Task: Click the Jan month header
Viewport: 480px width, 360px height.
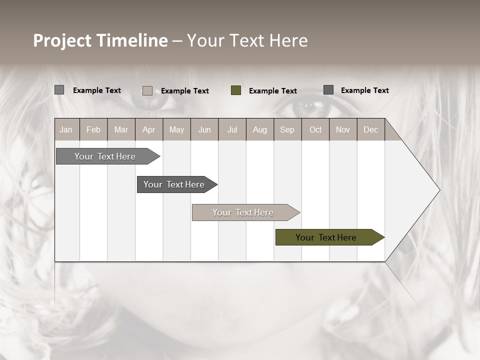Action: coord(66,129)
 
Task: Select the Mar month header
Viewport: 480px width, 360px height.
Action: coord(121,129)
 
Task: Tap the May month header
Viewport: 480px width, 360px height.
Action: coord(176,129)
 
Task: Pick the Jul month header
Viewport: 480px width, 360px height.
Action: coord(232,129)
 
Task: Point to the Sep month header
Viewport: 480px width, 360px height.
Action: coord(287,129)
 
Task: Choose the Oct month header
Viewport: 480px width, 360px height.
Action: coord(315,129)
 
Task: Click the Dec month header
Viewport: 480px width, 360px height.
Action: coord(370,129)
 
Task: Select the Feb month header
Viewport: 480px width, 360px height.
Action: coord(93,129)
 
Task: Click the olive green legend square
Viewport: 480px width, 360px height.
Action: coord(236,90)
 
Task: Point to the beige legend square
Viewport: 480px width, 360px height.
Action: coord(147,90)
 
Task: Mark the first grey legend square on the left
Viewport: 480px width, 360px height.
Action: coord(59,90)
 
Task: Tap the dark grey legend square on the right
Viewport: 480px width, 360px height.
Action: coord(328,90)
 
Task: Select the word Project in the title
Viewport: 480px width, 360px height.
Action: coord(62,40)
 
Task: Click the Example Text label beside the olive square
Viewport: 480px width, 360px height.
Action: coord(273,91)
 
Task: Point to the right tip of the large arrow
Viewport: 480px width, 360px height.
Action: coord(439,190)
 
